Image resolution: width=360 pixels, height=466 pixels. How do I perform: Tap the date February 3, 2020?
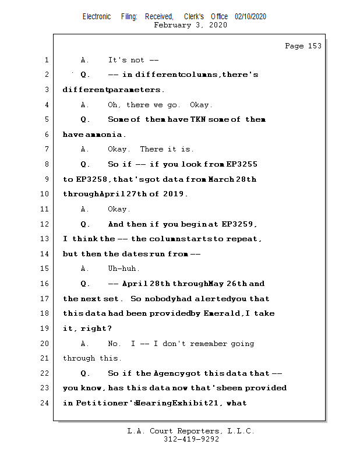click(x=190, y=25)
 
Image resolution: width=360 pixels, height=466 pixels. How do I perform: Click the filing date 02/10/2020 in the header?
click(x=250, y=17)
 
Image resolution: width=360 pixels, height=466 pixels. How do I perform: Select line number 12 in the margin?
click(x=46, y=224)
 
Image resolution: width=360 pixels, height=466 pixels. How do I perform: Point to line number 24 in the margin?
click(x=46, y=403)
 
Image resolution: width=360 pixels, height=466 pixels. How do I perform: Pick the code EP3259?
click(x=239, y=224)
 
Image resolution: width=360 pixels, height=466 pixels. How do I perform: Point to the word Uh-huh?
click(x=123, y=269)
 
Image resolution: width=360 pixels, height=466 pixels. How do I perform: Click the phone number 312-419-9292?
click(x=190, y=439)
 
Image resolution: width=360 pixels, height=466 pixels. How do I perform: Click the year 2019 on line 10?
click(x=174, y=194)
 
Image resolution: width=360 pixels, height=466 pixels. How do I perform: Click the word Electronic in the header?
click(x=97, y=17)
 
